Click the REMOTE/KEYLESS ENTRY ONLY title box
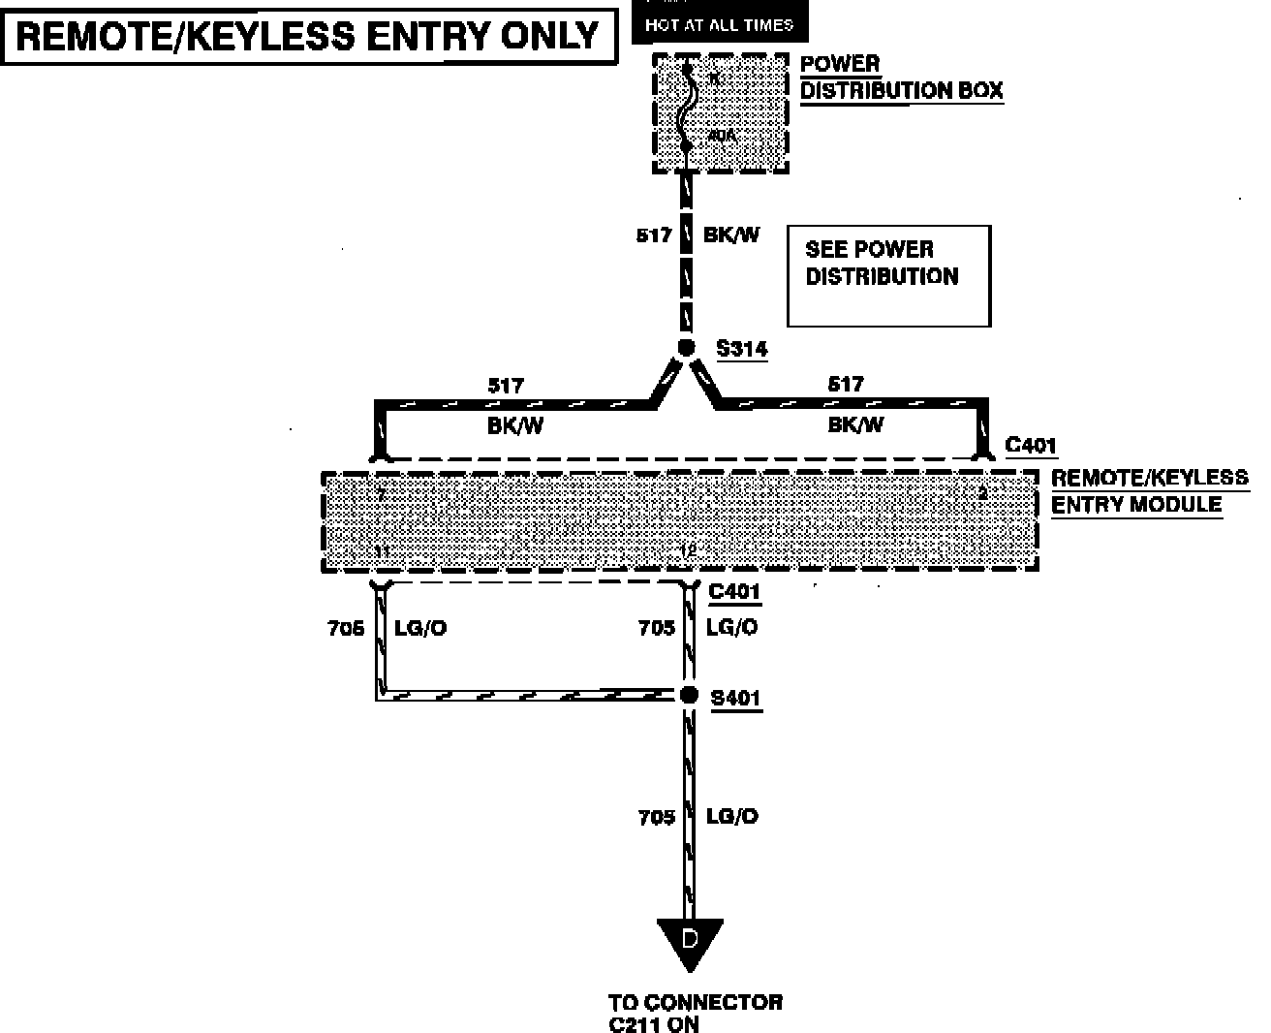pyautogui.click(x=309, y=37)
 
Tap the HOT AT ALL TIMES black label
pyautogui.click(x=719, y=24)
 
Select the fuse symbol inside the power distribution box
pyautogui.click(x=687, y=109)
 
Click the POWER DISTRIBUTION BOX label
pyautogui.click(x=901, y=78)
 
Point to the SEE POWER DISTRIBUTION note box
pyautogui.click(x=888, y=275)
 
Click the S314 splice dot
pyautogui.click(x=686, y=348)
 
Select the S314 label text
pyautogui.click(x=741, y=349)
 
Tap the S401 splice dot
pyautogui.click(x=689, y=695)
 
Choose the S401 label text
pyautogui.click(x=735, y=698)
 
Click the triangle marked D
pyautogui.click(x=690, y=943)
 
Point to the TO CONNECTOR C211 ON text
pyautogui.click(x=695, y=1013)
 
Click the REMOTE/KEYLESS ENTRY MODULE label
pyautogui.click(x=1149, y=491)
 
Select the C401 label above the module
pyautogui.click(x=1031, y=445)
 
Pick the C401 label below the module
pyautogui.click(x=734, y=592)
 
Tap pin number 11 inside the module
pyautogui.click(x=384, y=551)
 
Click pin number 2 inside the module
pyautogui.click(x=982, y=493)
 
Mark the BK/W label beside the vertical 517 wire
pyautogui.click(x=731, y=235)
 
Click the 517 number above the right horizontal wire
pyautogui.click(x=845, y=384)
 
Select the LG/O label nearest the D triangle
pyautogui.click(x=732, y=817)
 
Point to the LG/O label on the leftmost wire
pyautogui.click(x=420, y=628)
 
